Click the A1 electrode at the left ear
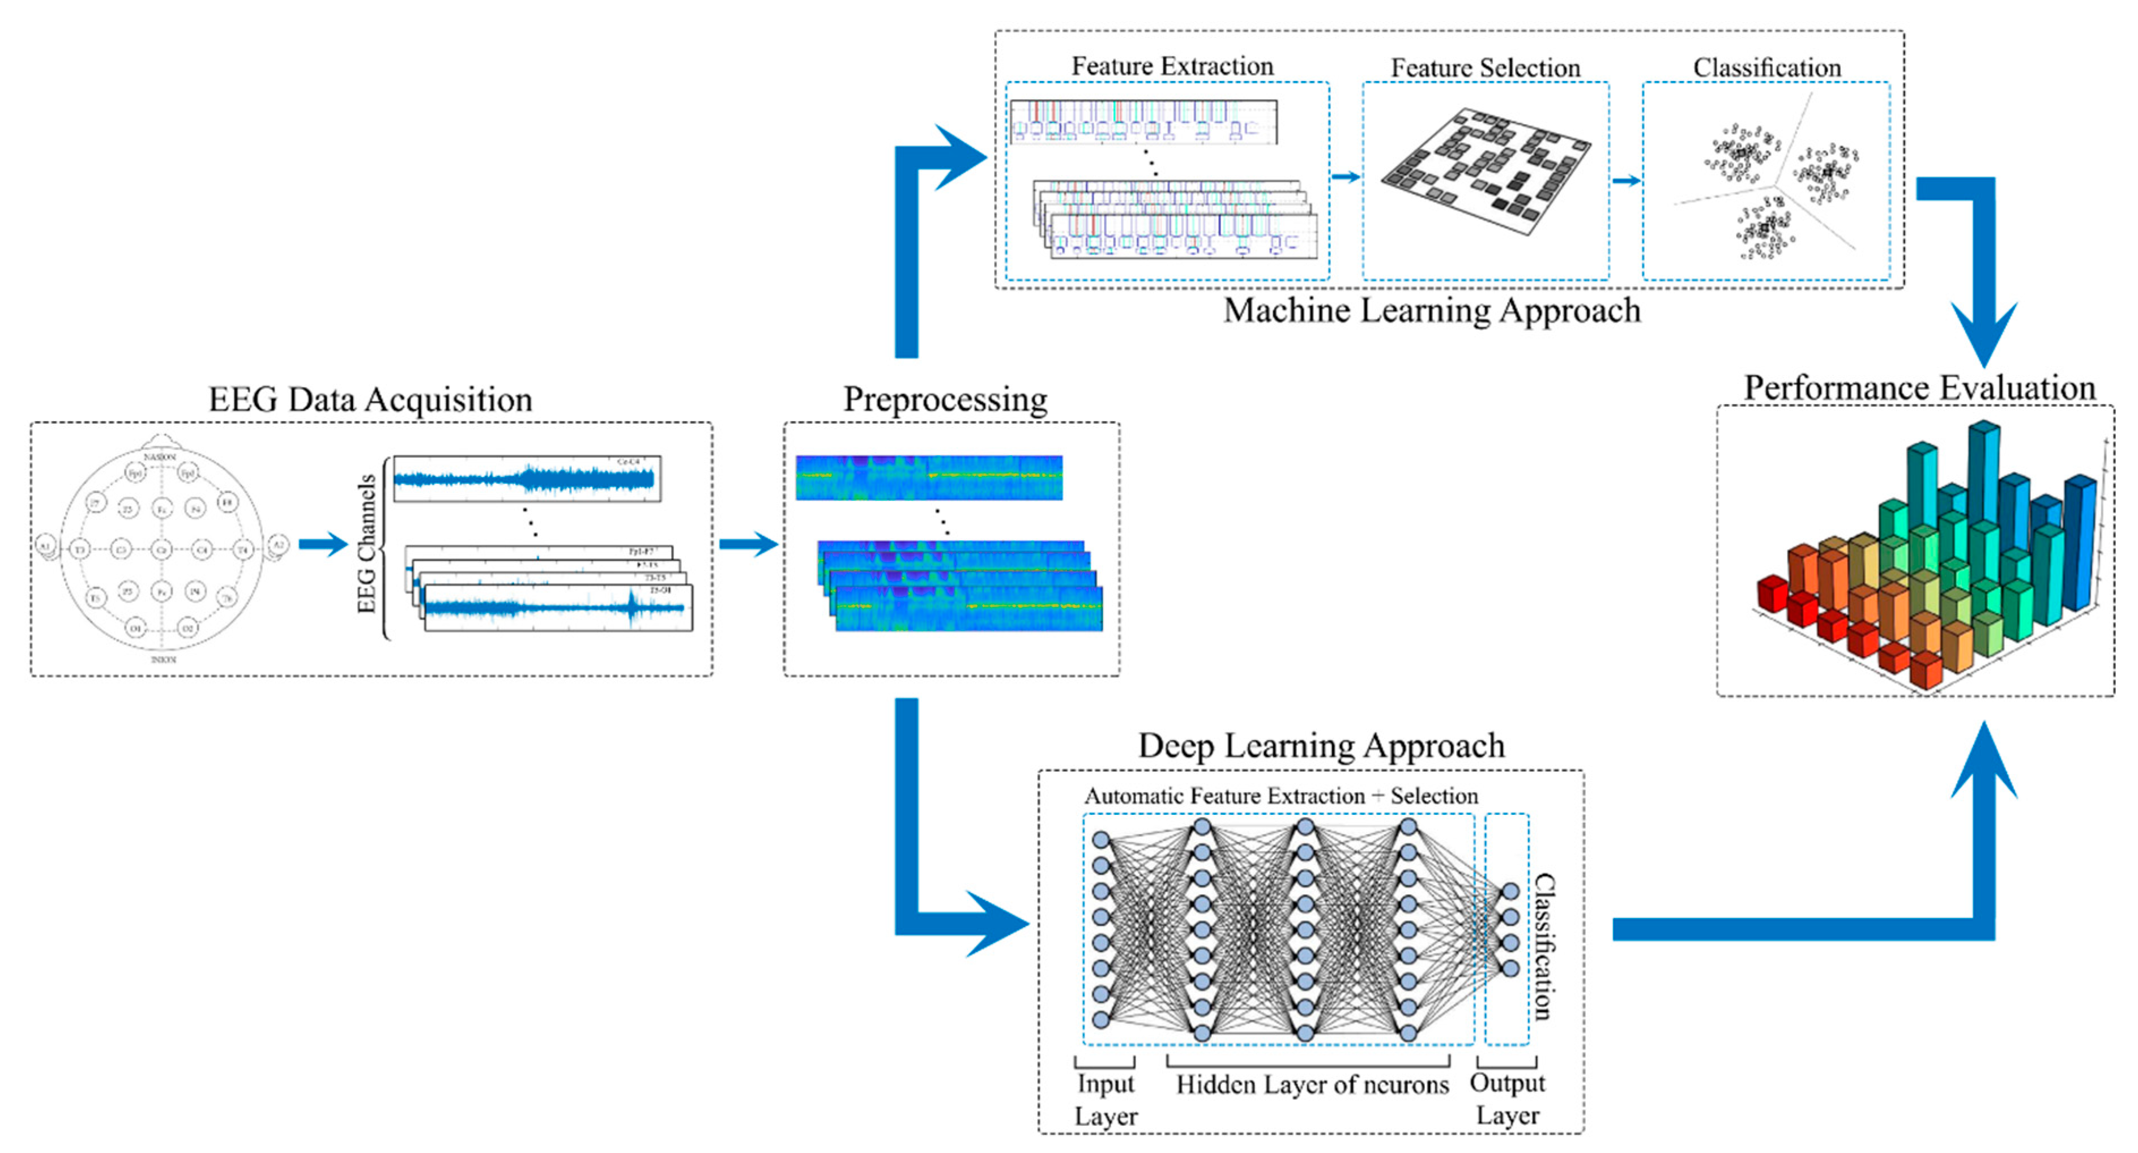(x=45, y=546)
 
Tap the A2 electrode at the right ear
(x=279, y=545)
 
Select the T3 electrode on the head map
(x=80, y=549)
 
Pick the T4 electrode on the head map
(x=242, y=549)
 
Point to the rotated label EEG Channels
(x=366, y=544)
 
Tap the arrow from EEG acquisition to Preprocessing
(x=748, y=545)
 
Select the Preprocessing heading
(x=945, y=399)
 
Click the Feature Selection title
(x=1485, y=67)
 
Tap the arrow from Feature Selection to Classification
(x=1627, y=180)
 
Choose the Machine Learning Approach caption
(x=1432, y=310)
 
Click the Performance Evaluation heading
(x=1919, y=388)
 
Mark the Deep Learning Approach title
(x=1321, y=745)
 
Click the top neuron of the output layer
(x=1510, y=891)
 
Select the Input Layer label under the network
(x=1106, y=1099)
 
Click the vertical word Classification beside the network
(x=1542, y=946)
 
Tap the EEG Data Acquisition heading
(x=370, y=399)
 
